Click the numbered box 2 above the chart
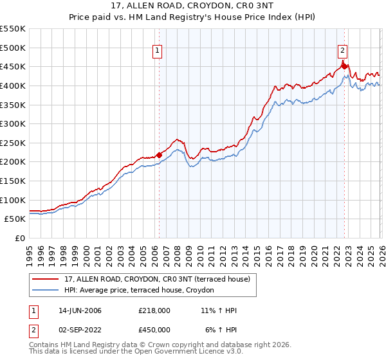tap(343, 48)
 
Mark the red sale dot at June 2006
tap(159, 154)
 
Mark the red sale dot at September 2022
tap(344, 66)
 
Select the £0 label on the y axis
tap(21, 238)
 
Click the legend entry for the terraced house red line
tap(161, 278)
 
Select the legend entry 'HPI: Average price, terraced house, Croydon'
tap(143, 291)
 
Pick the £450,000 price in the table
tap(155, 330)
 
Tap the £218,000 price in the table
tap(155, 310)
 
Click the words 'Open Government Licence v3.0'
tap(194, 353)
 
